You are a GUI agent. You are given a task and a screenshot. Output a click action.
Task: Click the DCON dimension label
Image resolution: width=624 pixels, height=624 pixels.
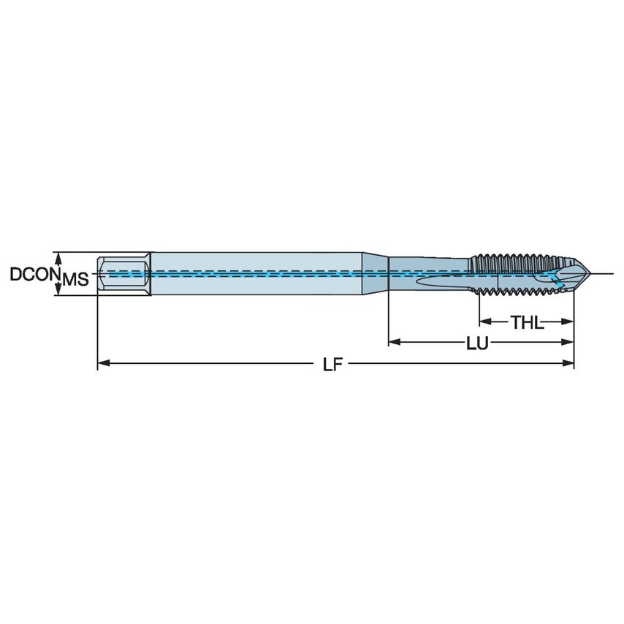pyautogui.click(x=33, y=274)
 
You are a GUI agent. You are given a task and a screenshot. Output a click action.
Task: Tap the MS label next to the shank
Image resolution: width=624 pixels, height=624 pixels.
pyautogui.click(x=75, y=279)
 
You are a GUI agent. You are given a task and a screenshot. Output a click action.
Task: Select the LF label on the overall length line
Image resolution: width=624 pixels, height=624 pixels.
pyautogui.click(x=332, y=363)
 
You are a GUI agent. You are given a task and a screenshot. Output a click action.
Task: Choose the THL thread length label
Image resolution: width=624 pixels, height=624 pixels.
pyautogui.click(x=527, y=322)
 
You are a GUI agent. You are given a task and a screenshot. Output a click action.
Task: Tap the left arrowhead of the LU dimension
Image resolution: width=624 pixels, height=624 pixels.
pyautogui.click(x=394, y=341)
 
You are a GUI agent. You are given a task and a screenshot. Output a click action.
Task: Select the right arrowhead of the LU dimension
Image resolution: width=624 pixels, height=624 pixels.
pyautogui.click(x=568, y=341)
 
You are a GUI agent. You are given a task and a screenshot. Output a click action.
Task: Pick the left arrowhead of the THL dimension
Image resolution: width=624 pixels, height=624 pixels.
pyautogui.click(x=484, y=321)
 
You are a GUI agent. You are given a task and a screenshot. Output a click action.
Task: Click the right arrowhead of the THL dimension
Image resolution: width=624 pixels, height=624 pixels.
pyautogui.click(x=568, y=321)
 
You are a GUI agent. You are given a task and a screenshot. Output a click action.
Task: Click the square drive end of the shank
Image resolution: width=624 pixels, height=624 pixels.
pyautogui.click(x=124, y=274)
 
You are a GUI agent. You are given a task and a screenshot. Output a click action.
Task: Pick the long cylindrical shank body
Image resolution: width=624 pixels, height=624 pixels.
pyautogui.click(x=256, y=274)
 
